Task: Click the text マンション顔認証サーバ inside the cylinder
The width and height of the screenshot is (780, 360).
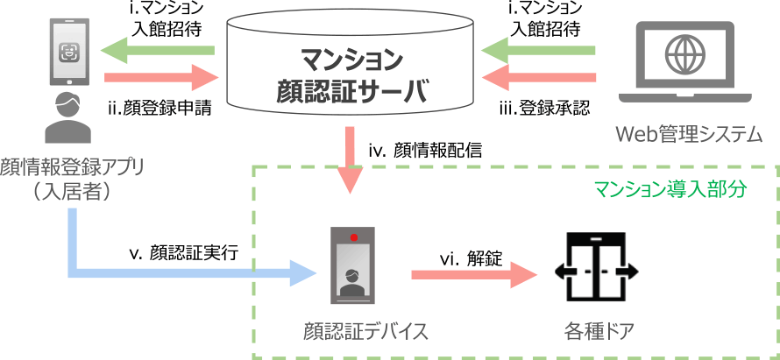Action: (x=351, y=74)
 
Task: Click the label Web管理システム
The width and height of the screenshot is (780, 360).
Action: (x=688, y=135)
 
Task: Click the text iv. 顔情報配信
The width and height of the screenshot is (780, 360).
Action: (x=424, y=151)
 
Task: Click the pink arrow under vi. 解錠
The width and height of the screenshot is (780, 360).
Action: (x=473, y=275)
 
